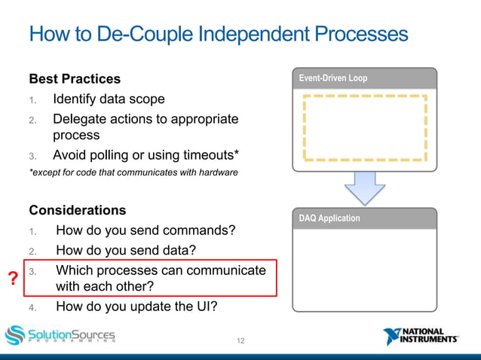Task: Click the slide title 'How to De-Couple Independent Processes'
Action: point(219,35)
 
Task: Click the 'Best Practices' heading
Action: point(75,78)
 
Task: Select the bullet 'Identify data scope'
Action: point(109,99)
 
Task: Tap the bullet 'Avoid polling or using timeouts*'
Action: point(146,155)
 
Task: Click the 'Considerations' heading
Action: point(78,210)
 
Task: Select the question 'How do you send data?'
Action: point(127,250)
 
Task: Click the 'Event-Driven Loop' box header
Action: point(364,78)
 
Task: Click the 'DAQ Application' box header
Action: point(364,218)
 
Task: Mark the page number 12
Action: point(240,341)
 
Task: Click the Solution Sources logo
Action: point(60,335)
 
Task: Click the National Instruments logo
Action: point(421,336)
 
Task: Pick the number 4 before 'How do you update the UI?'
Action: point(32,307)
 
